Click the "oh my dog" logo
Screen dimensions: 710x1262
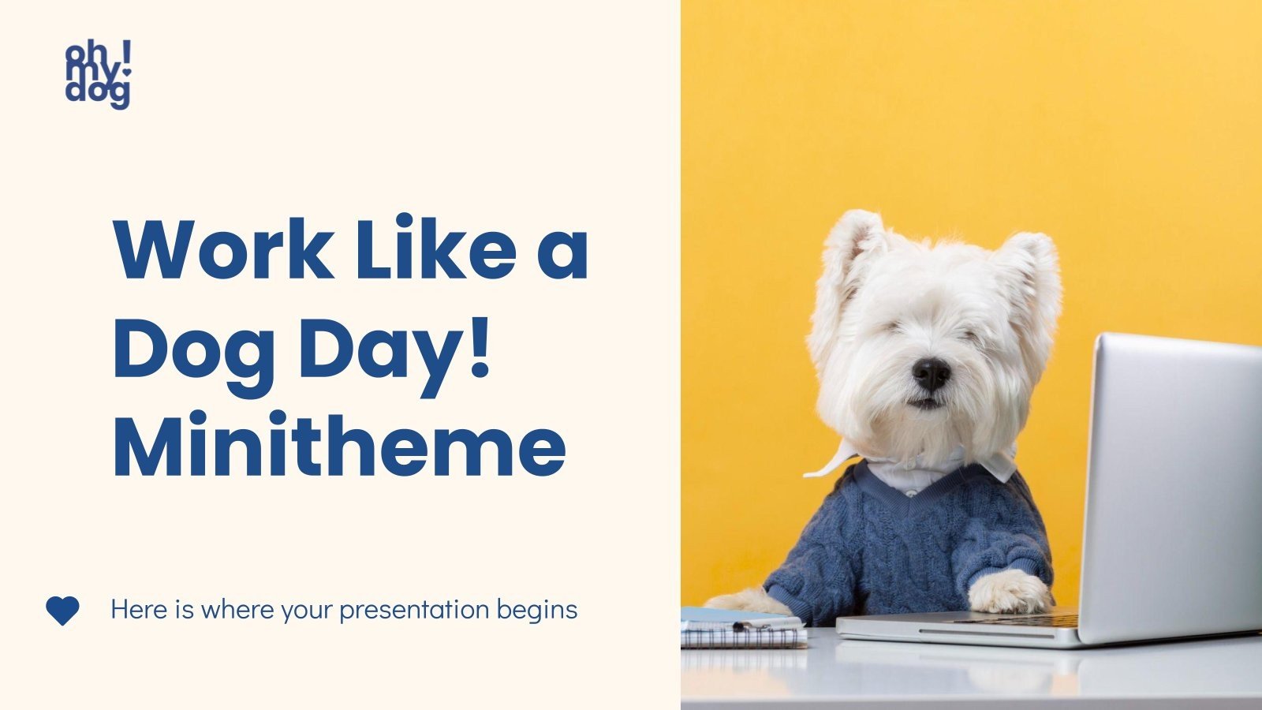98,75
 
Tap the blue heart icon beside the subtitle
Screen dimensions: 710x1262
62,611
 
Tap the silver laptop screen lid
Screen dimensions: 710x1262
1171,481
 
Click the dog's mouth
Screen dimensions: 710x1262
928,402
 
